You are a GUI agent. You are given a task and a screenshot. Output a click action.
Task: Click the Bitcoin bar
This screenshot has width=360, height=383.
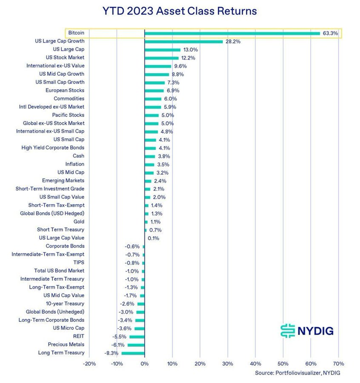[232, 33]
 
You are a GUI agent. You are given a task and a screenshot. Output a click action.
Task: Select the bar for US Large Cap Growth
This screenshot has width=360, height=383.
[184, 41]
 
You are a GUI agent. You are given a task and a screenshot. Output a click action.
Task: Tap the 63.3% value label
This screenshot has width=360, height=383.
[330, 33]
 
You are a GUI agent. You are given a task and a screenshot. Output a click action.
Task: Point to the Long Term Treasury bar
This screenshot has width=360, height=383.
[133, 353]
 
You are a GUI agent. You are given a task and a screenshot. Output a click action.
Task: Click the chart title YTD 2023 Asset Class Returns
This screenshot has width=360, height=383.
[180, 11]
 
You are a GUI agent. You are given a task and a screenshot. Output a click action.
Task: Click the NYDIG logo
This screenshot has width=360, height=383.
[307, 330]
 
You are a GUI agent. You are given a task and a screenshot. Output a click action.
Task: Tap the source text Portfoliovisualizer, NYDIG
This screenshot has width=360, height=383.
[298, 373]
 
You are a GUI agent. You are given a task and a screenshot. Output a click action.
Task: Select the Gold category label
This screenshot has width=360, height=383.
[79, 222]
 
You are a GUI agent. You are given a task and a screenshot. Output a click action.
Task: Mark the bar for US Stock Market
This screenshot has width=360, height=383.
[162, 58]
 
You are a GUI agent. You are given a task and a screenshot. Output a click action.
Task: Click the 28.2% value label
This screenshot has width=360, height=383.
[233, 42]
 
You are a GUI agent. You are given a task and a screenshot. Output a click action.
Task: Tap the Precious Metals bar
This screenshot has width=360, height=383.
[136, 345]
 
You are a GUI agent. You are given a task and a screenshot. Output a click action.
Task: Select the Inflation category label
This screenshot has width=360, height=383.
[74, 164]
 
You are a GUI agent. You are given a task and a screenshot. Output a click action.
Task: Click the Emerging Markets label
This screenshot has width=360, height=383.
[63, 181]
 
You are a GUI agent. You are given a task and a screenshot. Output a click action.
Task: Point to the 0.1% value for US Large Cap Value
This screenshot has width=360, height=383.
[153, 238]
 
